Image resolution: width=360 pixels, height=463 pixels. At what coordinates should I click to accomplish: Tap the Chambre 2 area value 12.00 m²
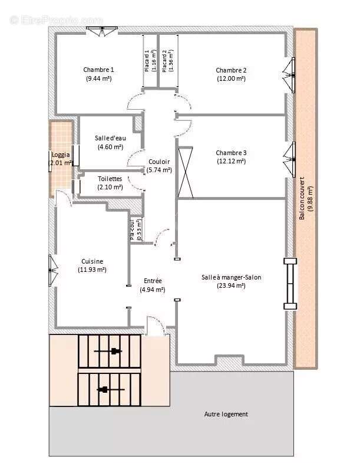[231, 78]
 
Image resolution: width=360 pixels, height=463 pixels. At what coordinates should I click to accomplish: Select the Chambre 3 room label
[231, 153]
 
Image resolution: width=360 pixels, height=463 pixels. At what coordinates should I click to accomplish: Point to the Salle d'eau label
[110, 138]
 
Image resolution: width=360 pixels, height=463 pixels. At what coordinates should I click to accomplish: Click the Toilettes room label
[110, 178]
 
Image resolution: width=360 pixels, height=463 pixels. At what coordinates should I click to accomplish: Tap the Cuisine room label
[93, 261]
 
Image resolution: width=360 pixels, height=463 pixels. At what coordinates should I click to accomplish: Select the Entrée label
[153, 281]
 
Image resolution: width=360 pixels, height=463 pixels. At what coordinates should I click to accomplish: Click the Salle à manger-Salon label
[231, 277]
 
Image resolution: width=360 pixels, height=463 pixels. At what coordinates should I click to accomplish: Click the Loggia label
[60, 154]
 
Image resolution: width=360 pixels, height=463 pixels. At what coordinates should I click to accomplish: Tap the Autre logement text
[226, 414]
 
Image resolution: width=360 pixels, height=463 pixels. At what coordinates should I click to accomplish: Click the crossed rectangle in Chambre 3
[186, 172]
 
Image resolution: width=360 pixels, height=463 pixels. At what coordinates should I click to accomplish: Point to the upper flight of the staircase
[110, 352]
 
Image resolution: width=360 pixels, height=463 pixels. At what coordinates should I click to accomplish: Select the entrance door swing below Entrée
[155, 326]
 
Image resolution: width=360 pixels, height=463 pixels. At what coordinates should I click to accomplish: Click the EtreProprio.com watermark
[56, 20]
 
